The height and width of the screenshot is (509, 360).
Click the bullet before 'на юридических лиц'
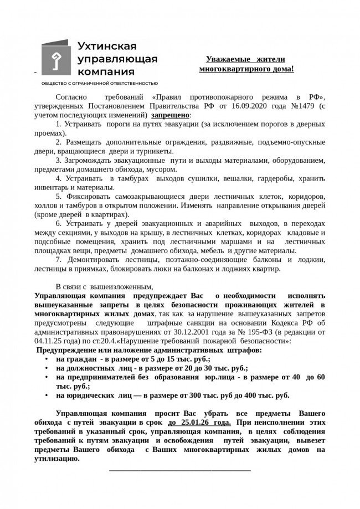click(46, 395)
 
